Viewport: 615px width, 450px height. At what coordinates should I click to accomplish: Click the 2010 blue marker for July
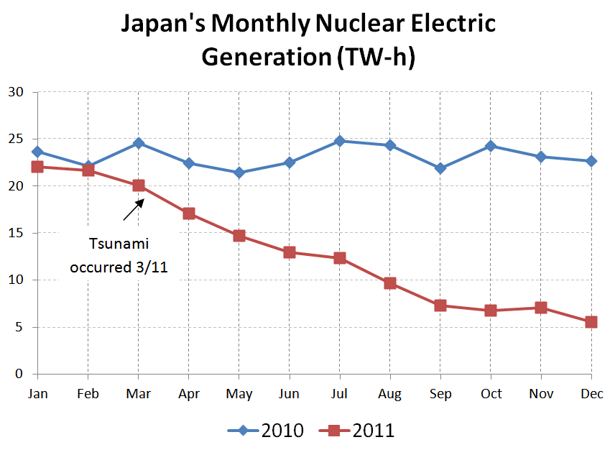click(x=339, y=141)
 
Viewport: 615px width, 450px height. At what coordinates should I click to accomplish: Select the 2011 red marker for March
click(x=138, y=185)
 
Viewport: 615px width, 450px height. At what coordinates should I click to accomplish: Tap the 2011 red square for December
click(x=591, y=322)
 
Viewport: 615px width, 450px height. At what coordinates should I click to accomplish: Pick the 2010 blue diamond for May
click(x=239, y=173)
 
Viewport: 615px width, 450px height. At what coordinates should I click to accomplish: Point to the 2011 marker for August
click(x=389, y=283)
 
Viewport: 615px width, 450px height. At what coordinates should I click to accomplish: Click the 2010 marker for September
click(x=440, y=168)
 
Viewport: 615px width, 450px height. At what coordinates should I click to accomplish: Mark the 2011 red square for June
click(x=289, y=252)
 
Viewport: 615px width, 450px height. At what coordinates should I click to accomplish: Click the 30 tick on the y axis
click(x=16, y=92)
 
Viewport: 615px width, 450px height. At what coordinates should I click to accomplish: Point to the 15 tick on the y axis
click(x=16, y=233)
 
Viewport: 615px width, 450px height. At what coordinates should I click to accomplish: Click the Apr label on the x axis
click(x=188, y=393)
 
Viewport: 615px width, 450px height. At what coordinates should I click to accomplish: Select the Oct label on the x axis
click(x=490, y=393)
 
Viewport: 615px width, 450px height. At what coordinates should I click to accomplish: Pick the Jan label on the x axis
click(x=37, y=393)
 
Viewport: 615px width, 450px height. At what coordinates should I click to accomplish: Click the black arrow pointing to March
click(x=133, y=208)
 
